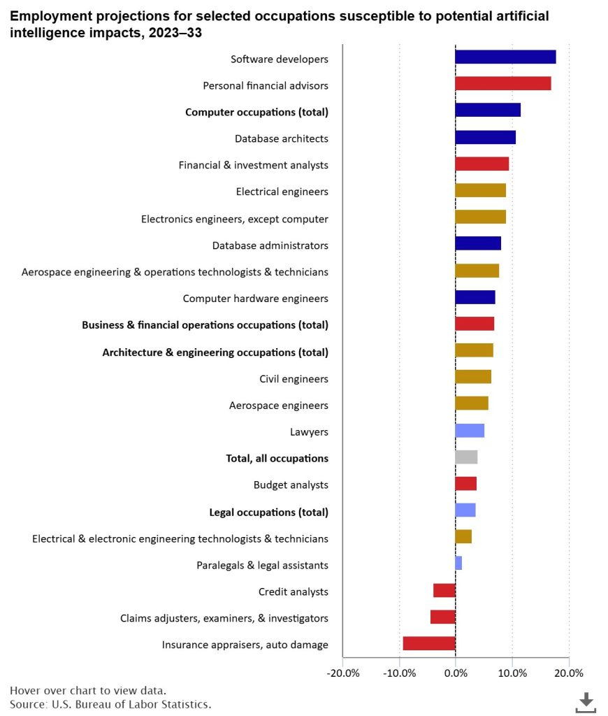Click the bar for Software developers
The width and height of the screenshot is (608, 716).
pyautogui.click(x=505, y=58)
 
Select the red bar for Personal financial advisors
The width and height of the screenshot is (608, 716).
pyautogui.click(x=502, y=85)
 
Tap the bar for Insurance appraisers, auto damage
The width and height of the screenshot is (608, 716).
pyautogui.click(x=429, y=644)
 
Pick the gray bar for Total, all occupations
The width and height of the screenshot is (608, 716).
pyautogui.click(x=466, y=457)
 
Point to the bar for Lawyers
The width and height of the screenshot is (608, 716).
pyautogui.click(x=470, y=431)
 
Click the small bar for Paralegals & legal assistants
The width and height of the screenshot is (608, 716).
pyautogui.click(x=458, y=564)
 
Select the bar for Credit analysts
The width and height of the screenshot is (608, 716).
pyautogui.click(x=444, y=591)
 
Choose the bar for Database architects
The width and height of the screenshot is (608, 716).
pyautogui.click(x=485, y=138)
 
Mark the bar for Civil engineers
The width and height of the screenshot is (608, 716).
pyautogui.click(x=473, y=378)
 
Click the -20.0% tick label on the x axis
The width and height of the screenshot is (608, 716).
pyautogui.click(x=342, y=673)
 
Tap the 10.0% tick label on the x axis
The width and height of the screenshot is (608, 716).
pyautogui.click(x=512, y=673)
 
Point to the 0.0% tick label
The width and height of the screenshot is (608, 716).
pyautogui.click(x=456, y=673)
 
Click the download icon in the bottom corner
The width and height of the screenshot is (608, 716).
pyautogui.click(x=586, y=701)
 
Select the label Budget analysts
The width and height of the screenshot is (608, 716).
pyautogui.click(x=291, y=485)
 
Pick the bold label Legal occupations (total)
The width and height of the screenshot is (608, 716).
pyautogui.click(x=269, y=512)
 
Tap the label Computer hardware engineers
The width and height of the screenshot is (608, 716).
pyautogui.click(x=255, y=299)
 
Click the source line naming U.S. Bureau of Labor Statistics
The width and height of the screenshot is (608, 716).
pyautogui.click(x=110, y=704)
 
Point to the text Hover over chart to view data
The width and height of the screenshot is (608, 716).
pyautogui.click(x=88, y=690)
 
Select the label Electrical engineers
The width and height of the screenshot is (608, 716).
pyautogui.click(x=282, y=191)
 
